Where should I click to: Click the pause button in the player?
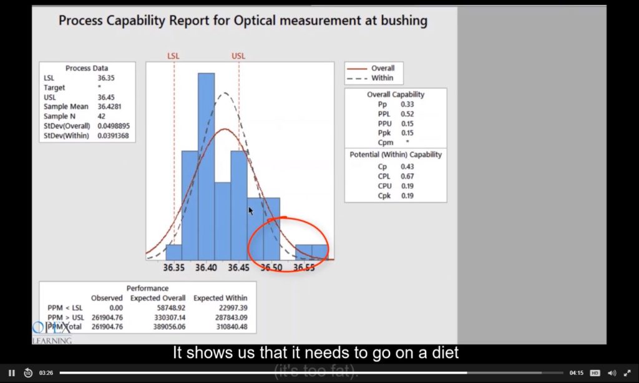point(11,373)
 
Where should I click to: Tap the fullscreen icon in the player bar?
point(627,373)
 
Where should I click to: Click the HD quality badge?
point(595,373)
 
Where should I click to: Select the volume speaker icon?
point(612,373)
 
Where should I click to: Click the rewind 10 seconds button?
point(28,373)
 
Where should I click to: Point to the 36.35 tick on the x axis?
point(174,267)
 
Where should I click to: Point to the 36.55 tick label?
point(304,267)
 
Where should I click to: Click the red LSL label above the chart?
point(173,56)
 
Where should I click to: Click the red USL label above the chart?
point(238,56)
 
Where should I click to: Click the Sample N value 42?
point(102,116)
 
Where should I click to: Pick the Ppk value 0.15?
point(407,133)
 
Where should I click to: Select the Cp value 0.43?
point(407,167)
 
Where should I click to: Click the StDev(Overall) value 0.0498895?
point(113,126)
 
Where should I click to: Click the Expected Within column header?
point(220,298)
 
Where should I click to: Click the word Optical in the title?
point(256,21)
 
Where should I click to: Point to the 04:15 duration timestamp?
point(576,373)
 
